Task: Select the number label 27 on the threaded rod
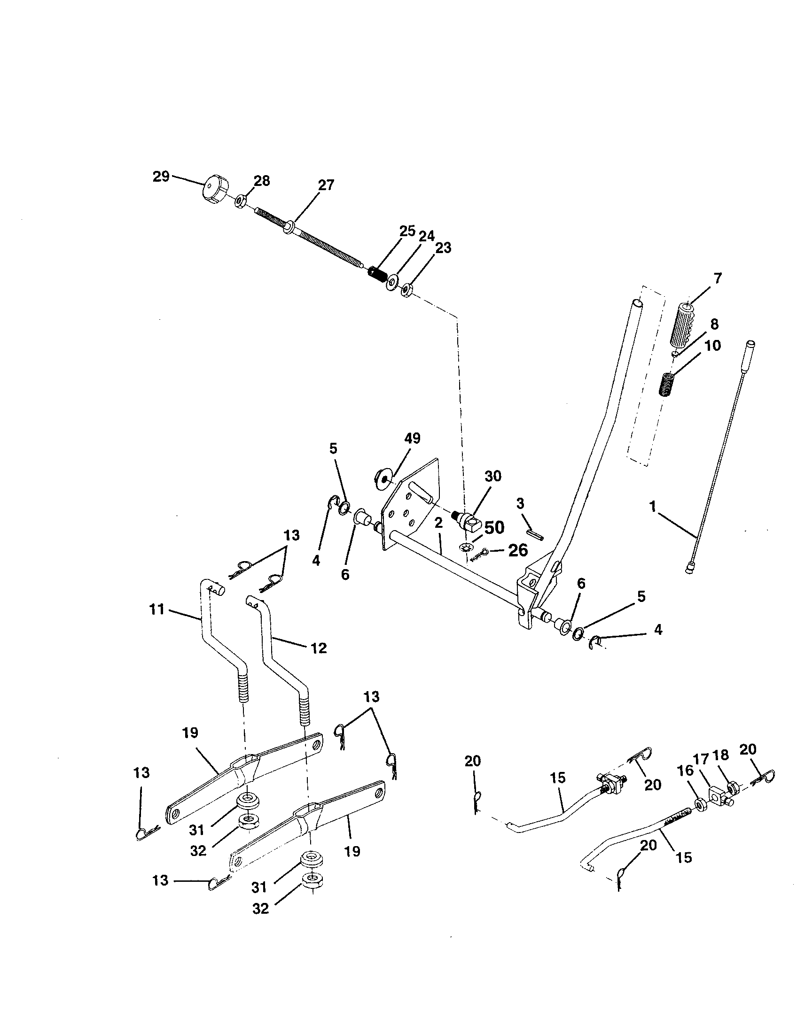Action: (x=326, y=185)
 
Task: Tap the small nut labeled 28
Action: (x=240, y=200)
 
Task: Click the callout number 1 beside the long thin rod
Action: (x=653, y=507)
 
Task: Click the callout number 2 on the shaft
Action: (x=438, y=523)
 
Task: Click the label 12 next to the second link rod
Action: (x=319, y=648)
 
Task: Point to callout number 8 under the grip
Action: (x=714, y=324)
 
